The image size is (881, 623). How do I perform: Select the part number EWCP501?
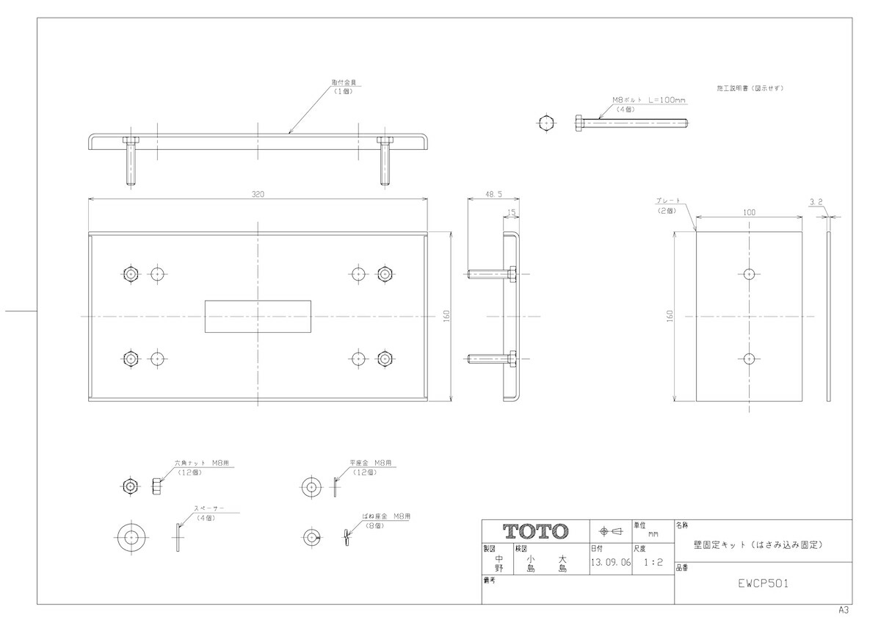(764, 584)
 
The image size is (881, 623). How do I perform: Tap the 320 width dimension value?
(258, 195)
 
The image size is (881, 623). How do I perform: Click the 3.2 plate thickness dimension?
(815, 201)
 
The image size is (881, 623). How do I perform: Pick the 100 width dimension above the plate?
(748, 212)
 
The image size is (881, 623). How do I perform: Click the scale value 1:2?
(653, 563)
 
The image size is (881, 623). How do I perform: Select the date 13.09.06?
(610, 563)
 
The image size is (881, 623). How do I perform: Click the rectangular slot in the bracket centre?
(258, 316)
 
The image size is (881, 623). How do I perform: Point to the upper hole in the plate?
(748, 274)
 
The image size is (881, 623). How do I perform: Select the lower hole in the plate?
(748, 359)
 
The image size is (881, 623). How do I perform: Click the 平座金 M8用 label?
(371, 464)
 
